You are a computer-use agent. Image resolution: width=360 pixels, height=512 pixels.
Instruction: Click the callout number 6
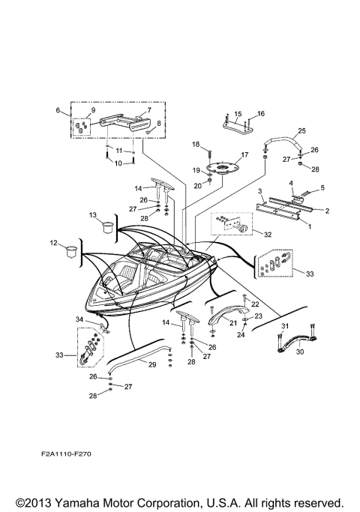(58, 110)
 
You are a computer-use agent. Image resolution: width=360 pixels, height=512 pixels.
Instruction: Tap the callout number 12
(53, 242)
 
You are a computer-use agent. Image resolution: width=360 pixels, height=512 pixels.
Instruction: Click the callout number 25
(301, 131)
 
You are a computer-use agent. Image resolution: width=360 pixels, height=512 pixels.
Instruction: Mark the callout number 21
(234, 323)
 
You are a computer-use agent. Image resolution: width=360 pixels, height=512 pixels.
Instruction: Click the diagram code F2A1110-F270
(79, 454)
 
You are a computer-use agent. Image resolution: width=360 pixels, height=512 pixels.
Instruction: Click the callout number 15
(236, 115)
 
